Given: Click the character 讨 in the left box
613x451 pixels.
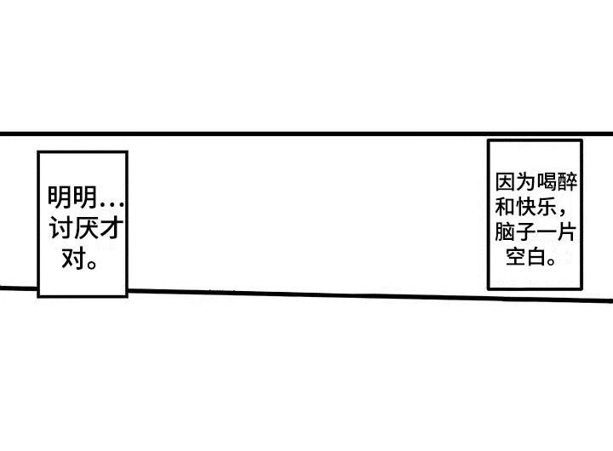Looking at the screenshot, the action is (60, 229).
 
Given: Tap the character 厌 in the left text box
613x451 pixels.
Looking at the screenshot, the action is (85, 229).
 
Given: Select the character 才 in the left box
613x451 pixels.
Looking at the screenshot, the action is (111, 229).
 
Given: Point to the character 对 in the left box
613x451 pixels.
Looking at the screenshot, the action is (73, 258).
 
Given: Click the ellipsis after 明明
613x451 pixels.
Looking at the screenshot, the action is (112, 204).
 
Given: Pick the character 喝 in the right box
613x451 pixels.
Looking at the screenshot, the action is (546, 182).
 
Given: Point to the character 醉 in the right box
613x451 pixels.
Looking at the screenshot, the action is (567, 182).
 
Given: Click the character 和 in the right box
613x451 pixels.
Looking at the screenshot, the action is (505, 207).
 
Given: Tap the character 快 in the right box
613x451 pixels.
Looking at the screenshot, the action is (525, 207).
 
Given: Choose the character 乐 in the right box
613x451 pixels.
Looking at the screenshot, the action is (546, 207).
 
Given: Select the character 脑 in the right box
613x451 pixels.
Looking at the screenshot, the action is (505, 231).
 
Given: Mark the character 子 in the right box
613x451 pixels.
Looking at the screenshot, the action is (525, 231).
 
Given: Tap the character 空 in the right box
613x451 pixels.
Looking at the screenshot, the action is (515, 257).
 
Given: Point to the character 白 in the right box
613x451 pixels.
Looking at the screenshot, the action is (536, 257).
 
